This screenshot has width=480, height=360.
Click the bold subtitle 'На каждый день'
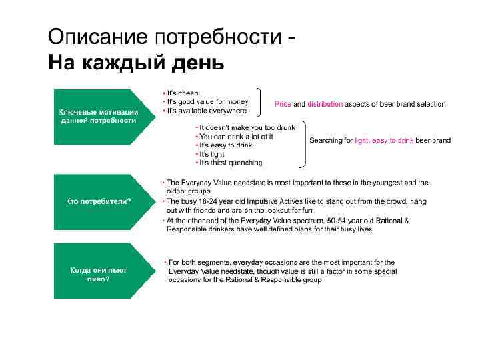[136, 63]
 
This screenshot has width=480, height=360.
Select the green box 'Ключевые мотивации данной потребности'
[99, 116]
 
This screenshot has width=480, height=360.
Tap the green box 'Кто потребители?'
[98, 201]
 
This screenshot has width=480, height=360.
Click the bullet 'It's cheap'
[183, 93]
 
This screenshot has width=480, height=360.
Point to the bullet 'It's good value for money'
[207, 101]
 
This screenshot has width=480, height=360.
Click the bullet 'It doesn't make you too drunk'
[247, 127]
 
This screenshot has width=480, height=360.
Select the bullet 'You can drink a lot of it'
[237, 136]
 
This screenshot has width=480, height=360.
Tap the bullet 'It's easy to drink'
[226, 145]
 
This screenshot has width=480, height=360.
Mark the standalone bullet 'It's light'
[213, 153]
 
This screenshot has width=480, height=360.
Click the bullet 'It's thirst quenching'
[231, 163]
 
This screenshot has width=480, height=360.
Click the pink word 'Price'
[283, 104]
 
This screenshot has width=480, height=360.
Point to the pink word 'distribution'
[325, 104]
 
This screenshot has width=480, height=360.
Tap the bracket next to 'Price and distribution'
[259, 101]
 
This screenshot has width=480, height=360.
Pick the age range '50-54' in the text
[337, 220]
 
